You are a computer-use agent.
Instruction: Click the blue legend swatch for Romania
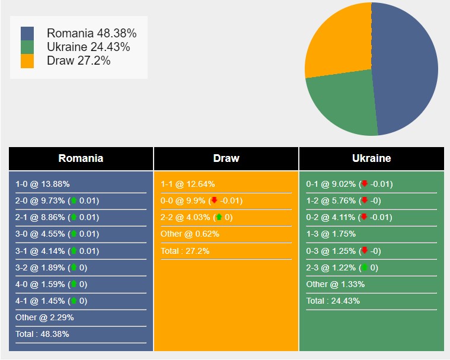click(27, 33)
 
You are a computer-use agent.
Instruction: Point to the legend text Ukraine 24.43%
click(88, 47)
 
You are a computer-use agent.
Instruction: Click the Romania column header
click(81, 158)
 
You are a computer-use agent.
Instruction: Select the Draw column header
click(226, 158)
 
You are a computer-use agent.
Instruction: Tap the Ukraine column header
click(371, 158)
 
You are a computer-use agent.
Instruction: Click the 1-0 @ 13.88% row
click(43, 184)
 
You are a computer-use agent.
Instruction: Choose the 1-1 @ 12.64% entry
click(188, 184)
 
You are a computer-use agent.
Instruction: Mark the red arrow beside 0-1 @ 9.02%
click(365, 184)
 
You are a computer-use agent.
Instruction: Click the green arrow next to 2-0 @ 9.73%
click(74, 200)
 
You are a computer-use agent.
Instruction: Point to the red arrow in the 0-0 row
click(214, 200)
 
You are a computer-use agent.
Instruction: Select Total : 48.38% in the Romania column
click(42, 334)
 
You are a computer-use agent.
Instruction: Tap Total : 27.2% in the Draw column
click(185, 251)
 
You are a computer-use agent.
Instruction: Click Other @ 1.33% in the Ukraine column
click(336, 284)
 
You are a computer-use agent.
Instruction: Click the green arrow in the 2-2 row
click(219, 217)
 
